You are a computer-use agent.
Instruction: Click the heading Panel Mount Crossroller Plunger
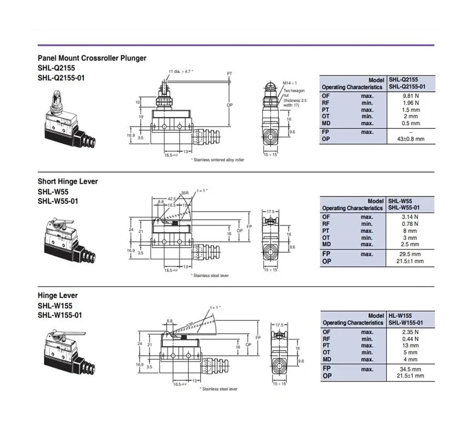click(x=92, y=58)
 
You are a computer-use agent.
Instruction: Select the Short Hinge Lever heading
click(x=68, y=181)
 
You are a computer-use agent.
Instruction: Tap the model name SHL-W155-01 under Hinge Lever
click(x=60, y=315)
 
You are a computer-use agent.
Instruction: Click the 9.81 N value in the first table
click(x=410, y=96)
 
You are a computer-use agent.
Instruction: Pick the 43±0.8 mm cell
click(x=410, y=139)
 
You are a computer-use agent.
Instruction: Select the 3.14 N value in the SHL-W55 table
click(x=410, y=217)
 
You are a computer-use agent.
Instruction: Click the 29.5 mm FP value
click(x=410, y=254)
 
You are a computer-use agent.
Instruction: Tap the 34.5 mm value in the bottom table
click(x=410, y=369)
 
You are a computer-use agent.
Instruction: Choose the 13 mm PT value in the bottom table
click(x=410, y=346)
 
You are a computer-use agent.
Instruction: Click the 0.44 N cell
click(x=410, y=339)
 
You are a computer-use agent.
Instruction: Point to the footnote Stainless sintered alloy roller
click(x=218, y=160)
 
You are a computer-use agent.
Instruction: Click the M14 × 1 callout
click(x=290, y=83)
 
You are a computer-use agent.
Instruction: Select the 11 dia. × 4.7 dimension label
click(x=180, y=71)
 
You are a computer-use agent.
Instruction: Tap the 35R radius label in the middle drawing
click(x=185, y=193)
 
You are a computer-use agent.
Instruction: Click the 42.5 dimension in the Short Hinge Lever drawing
click(x=172, y=199)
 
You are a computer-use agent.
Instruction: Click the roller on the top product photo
click(x=56, y=94)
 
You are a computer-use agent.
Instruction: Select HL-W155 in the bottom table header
click(x=400, y=316)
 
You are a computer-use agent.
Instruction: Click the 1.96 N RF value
click(x=410, y=103)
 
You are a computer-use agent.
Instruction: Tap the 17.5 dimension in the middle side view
click(x=270, y=212)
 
